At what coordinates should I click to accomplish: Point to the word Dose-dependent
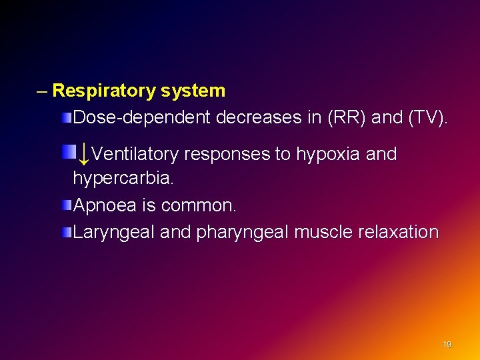(142, 118)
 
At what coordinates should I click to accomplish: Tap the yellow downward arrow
(83, 155)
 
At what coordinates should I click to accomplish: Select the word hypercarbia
(123, 179)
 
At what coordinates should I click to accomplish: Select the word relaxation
(398, 233)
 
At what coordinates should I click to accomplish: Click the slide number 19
(447, 345)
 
